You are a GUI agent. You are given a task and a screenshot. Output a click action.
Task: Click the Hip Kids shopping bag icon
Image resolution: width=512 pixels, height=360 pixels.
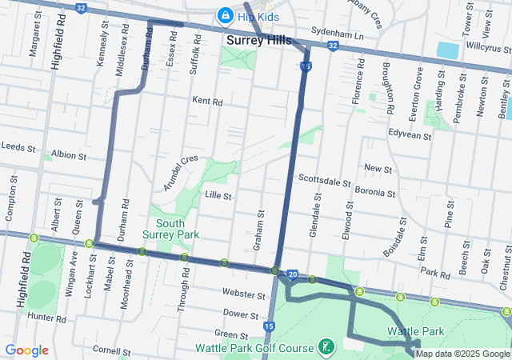coord(226,15)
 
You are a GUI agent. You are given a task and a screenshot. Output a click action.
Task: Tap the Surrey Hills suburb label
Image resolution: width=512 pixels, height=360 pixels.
coord(259,40)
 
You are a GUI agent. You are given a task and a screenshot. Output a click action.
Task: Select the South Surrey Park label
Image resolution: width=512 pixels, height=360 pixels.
coord(170,229)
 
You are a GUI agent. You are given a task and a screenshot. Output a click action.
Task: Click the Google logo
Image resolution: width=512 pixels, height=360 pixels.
coord(26,350)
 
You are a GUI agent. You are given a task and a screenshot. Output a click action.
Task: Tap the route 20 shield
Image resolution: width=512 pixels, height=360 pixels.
coord(293,274)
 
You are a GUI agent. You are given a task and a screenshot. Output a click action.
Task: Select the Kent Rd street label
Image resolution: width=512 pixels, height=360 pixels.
coord(207,101)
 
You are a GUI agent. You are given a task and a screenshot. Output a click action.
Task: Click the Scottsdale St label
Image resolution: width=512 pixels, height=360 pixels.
coord(324,182)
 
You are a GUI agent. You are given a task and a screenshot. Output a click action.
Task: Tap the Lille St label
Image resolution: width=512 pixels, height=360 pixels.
coord(218,195)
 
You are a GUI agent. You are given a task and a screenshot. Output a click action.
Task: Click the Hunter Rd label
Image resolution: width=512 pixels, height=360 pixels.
coord(46,318)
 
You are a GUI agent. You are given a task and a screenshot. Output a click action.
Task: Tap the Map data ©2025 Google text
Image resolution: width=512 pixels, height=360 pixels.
coord(462,353)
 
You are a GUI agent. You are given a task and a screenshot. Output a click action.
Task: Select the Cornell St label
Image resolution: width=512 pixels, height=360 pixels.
coord(111,350)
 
